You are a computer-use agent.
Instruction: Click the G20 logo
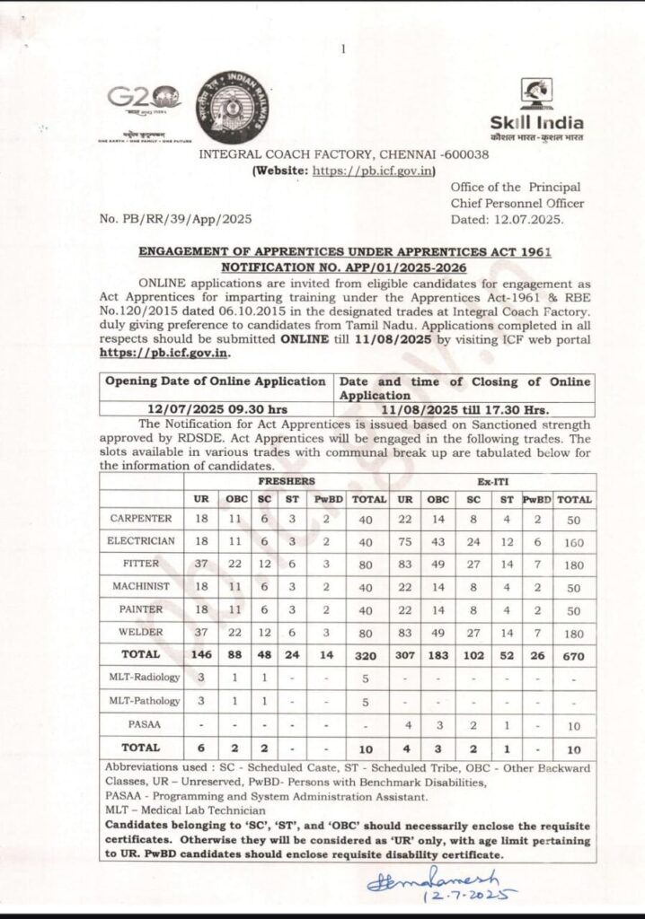pyautogui.click(x=140, y=101)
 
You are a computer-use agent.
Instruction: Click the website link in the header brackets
pyautogui.click(x=375, y=170)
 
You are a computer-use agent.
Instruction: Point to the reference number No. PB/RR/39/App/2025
pyautogui.click(x=175, y=218)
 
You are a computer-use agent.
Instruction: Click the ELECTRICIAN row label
pyautogui.click(x=142, y=541)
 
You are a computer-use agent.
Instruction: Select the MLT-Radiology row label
pyautogui.click(x=145, y=677)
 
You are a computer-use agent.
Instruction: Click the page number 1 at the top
pyautogui.click(x=343, y=49)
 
